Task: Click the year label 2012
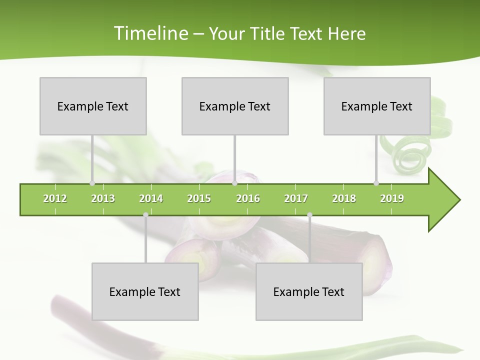pos(55,198)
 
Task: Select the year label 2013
pos(103,198)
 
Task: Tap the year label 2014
pos(151,198)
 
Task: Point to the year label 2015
pos(199,198)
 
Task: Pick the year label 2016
pos(248,198)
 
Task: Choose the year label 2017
pos(296,198)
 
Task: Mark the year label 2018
pos(344,198)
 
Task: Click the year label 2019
pos(392,198)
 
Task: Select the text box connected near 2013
pos(93,106)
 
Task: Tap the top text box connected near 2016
pos(235,106)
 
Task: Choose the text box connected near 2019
pos(377,106)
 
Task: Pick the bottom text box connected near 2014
pos(145,291)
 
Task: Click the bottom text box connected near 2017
pos(309,291)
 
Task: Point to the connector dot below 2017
pos(309,215)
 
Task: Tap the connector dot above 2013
pos(92,183)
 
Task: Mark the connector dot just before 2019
pos(376,183)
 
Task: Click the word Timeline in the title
pos(149,33)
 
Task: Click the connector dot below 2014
pos(145,215)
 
